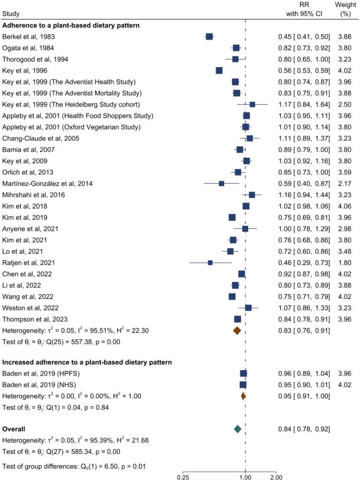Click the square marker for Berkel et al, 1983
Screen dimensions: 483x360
click(209, 37)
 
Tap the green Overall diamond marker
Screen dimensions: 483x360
click(238, 429)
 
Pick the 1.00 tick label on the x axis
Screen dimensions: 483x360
click(245, 477)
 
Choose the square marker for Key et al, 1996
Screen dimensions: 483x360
click(219, 70)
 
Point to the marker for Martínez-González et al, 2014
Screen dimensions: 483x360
click(221, 184)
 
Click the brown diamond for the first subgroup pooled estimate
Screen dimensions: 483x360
click(237, 330)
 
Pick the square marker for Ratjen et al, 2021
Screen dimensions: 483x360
click(210, 263)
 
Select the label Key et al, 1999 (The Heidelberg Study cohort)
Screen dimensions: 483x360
click(78, 104)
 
